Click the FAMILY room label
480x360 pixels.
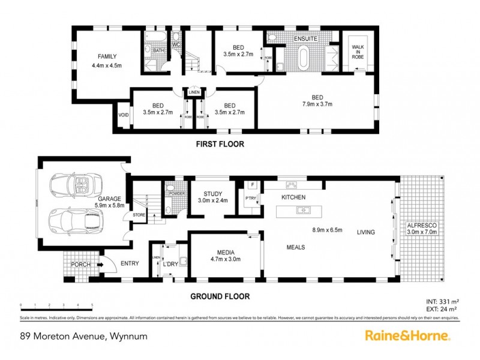point(107,56)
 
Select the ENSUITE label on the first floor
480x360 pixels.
point(305,39)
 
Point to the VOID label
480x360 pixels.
point(124,115)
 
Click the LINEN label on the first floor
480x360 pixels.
point(194,92)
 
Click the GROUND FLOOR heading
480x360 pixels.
point(220,296)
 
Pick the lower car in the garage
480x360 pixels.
point(77,221)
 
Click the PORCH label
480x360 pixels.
point(81,265)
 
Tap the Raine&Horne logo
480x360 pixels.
point(407,337)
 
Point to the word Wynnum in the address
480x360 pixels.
point(128,337)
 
